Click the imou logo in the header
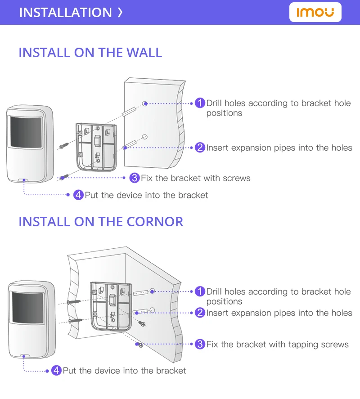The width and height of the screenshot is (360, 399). (x=315, y=12)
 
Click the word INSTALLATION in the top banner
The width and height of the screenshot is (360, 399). (x=65, y=12)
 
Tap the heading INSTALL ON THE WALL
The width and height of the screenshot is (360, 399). (x=90, y=52)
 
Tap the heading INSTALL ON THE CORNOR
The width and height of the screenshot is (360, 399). (x=101, y=222)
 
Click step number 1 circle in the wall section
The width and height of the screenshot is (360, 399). (x=200, y=103)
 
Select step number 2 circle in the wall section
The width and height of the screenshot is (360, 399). (x=200, y=148)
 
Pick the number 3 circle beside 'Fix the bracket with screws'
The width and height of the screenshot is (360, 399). (x=134, y=178)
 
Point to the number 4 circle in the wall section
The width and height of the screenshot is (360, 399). (x=78, y=195)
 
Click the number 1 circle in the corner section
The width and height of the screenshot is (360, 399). (x=200, y=291)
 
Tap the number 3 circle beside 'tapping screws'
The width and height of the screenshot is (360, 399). (x=200, y=344)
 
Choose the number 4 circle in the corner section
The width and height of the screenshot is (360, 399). (x=56, y=370)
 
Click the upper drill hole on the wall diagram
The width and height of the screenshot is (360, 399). (x=144, y=104)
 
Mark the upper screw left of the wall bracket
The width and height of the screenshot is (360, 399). (x=63, y=145)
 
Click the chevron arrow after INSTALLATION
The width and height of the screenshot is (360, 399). (x=120, y=12)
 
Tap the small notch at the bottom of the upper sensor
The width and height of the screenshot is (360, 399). (x=24, y=179)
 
